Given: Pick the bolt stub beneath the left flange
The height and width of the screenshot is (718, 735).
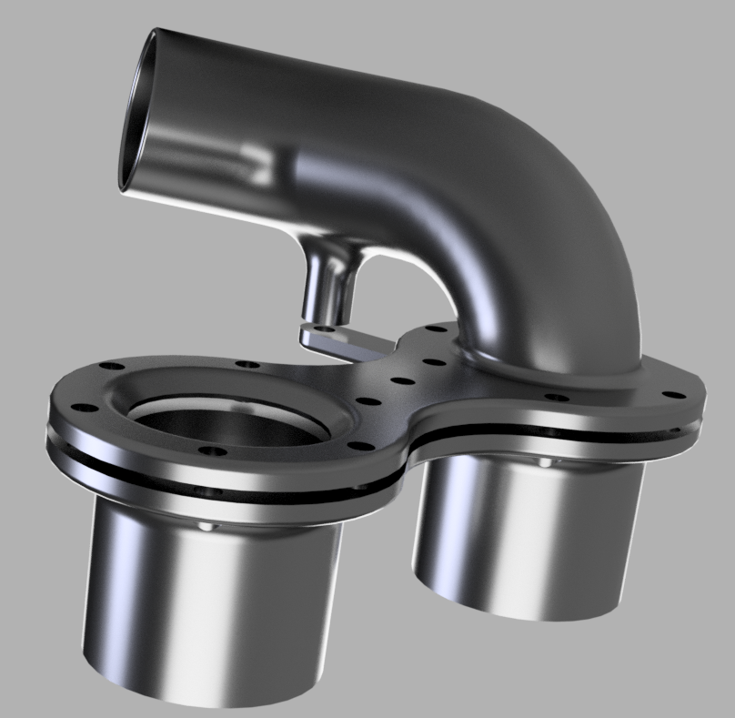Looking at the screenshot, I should coord(210,526).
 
